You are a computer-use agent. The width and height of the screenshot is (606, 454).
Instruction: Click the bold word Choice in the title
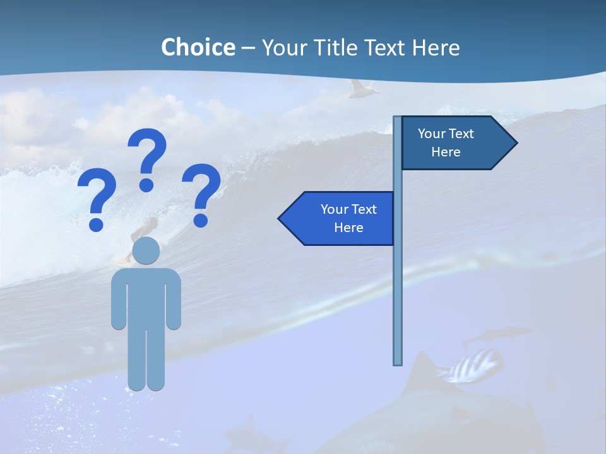[x=198, y=47]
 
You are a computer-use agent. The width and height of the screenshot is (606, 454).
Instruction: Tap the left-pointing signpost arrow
[x=338, y=218]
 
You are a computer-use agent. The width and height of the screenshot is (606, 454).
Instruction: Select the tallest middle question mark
[x=148, y=158]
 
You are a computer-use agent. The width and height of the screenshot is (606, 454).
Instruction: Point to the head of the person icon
[x=146, y=250]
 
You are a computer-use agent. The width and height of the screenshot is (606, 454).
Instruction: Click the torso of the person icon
[x=146, y=296]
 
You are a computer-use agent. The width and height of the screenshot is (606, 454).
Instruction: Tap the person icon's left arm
[x=119, y=300]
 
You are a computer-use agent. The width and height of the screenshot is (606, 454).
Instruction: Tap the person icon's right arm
[x=174, y=300]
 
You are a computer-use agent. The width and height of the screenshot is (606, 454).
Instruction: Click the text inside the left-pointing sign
[x=348, y=218]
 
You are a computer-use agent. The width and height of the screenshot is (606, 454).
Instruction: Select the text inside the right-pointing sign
[x=446, y=143]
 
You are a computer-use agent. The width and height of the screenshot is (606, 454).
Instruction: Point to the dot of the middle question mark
[x=146, y=185]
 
